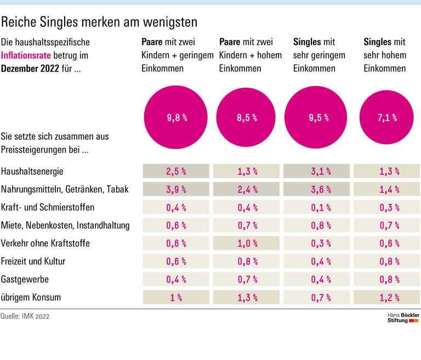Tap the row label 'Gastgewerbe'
pos(25,279)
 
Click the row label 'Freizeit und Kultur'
pos(33,261)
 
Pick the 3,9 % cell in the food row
pos(176,189)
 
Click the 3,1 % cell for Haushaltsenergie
pos(316,171)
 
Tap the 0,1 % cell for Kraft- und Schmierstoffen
pos(316,207)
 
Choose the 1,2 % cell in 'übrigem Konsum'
pos(387,298)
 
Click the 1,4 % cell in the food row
pos(387,189)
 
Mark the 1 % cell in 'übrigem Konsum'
pos(176,298)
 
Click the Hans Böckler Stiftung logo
pos(403,318)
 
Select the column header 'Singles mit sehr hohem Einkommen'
pos(385,55)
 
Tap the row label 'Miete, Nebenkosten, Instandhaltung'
pos(65,225)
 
